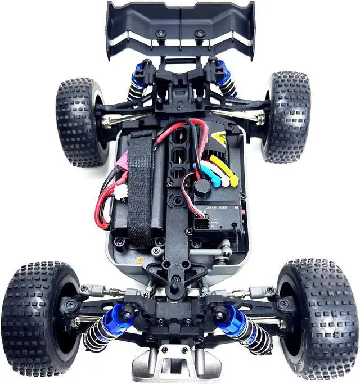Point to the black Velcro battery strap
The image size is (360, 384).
(x=141, y=191)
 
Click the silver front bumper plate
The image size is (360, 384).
(x=176, y=363)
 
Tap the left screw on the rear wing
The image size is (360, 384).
(x=161, y=34)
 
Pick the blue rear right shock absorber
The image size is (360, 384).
(x=225, y=79)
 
